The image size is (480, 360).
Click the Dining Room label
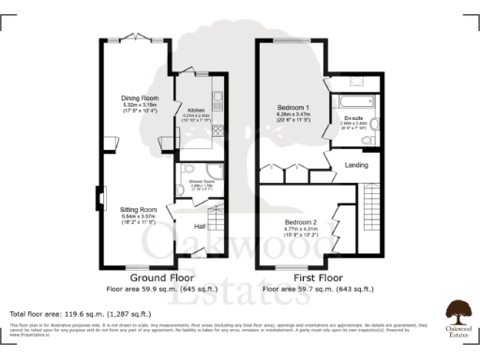pos(137,97)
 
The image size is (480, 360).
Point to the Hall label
pos(200,225)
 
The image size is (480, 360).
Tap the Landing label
pos(356,166)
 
